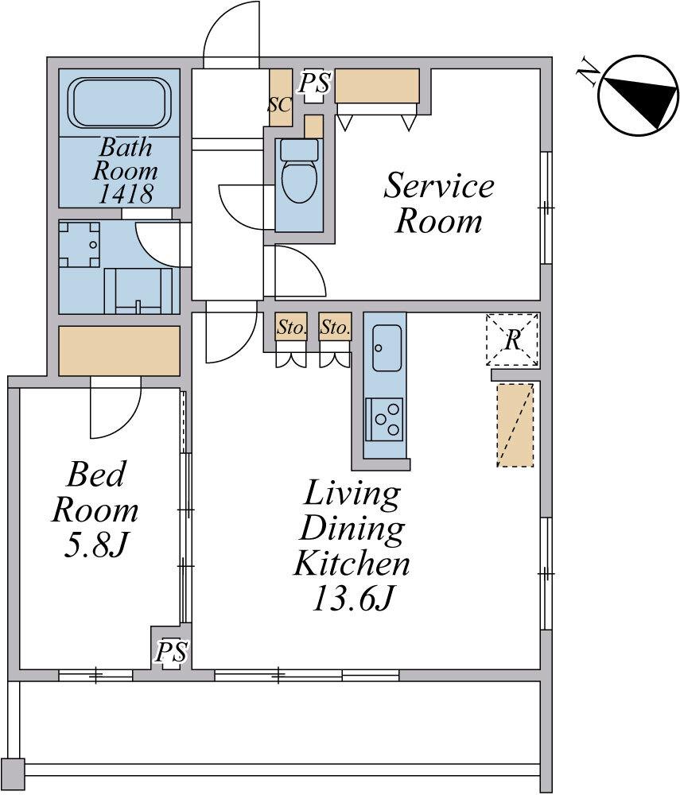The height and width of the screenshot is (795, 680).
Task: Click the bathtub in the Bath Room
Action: [x=119, y=103]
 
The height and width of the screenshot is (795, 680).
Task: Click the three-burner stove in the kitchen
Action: [x=385, y=419]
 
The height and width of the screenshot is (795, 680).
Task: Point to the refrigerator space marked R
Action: [x=512, y=339]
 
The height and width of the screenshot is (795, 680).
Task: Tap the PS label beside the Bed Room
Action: [x=172, y=652]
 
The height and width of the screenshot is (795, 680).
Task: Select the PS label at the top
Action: [x=315, y=83]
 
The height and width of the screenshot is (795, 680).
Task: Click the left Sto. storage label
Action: [x=292, y=328]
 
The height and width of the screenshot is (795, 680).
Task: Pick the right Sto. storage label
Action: [x=335, y=328]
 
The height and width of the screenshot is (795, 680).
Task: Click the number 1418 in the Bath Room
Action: [x=125, y=194]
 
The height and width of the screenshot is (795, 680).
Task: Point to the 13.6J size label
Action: [x=352, y=599]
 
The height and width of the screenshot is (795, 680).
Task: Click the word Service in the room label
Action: [x=439, y=185]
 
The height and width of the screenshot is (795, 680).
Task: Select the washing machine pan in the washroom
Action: [x=79, y=244]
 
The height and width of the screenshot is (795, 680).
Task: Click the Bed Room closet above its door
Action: [x=119, y=351]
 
